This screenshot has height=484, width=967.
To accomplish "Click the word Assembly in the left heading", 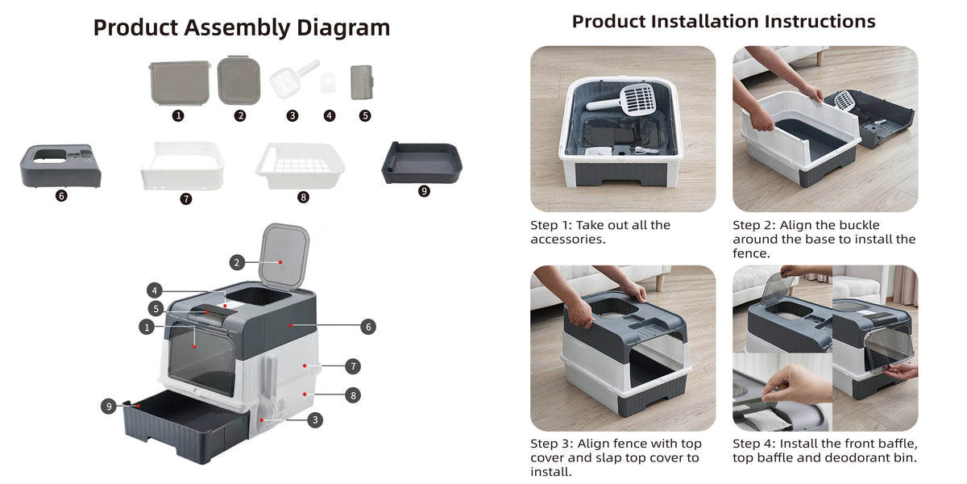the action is click(x=238, y=28).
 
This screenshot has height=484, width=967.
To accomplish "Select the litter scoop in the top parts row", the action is click(x=295, y=79).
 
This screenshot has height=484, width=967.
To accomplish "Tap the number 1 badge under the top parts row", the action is click(x=178, y=115).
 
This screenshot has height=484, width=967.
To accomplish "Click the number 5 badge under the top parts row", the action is click(x=365, y=115).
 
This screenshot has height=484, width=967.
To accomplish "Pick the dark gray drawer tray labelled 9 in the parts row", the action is click(x=421, y=162).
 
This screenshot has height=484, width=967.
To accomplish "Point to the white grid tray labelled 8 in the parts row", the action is click(x=301, y=165).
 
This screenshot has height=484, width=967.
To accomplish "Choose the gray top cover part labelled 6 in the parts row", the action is click(x=61, y=166).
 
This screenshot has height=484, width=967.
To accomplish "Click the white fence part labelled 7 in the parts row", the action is click(x=182, y=165).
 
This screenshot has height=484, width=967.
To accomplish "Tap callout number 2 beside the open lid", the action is click(x=237, y=262).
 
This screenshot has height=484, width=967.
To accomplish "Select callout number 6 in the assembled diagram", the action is click(x=368, y=327).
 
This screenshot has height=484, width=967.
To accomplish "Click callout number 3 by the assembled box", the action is click(x=315, y=419).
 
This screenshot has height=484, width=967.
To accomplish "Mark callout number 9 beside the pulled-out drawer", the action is click(x=109, y=407).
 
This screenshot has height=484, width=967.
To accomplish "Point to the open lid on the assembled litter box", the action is click(x=284, y=257).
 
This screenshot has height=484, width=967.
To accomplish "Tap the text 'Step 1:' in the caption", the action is click(x=551, y=225).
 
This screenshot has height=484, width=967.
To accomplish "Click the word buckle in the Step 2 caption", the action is click(x=859, y=225).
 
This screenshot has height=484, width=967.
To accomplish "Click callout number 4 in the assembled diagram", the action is click(x=155, y=290).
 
